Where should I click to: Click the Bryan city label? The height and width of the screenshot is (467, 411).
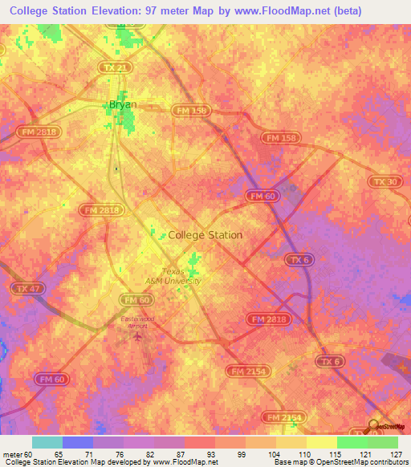pyautogui.click(x=123, y=104)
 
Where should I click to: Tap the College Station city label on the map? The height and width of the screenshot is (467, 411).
pyautogui.click(x=205, y=235)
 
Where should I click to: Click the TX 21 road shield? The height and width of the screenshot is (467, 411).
pyautogui.click(x=116, y=68)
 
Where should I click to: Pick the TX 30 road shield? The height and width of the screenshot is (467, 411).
pyautogui.click(x=385, y=182)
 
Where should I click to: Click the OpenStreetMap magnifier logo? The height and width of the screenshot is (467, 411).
pyautogui.click(x=374, y=426)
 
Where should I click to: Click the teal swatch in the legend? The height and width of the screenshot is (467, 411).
pyautogui.click(x=47, y=442)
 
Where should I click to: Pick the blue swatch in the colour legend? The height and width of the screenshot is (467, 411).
pyautogui.click(x=77, y=442)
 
